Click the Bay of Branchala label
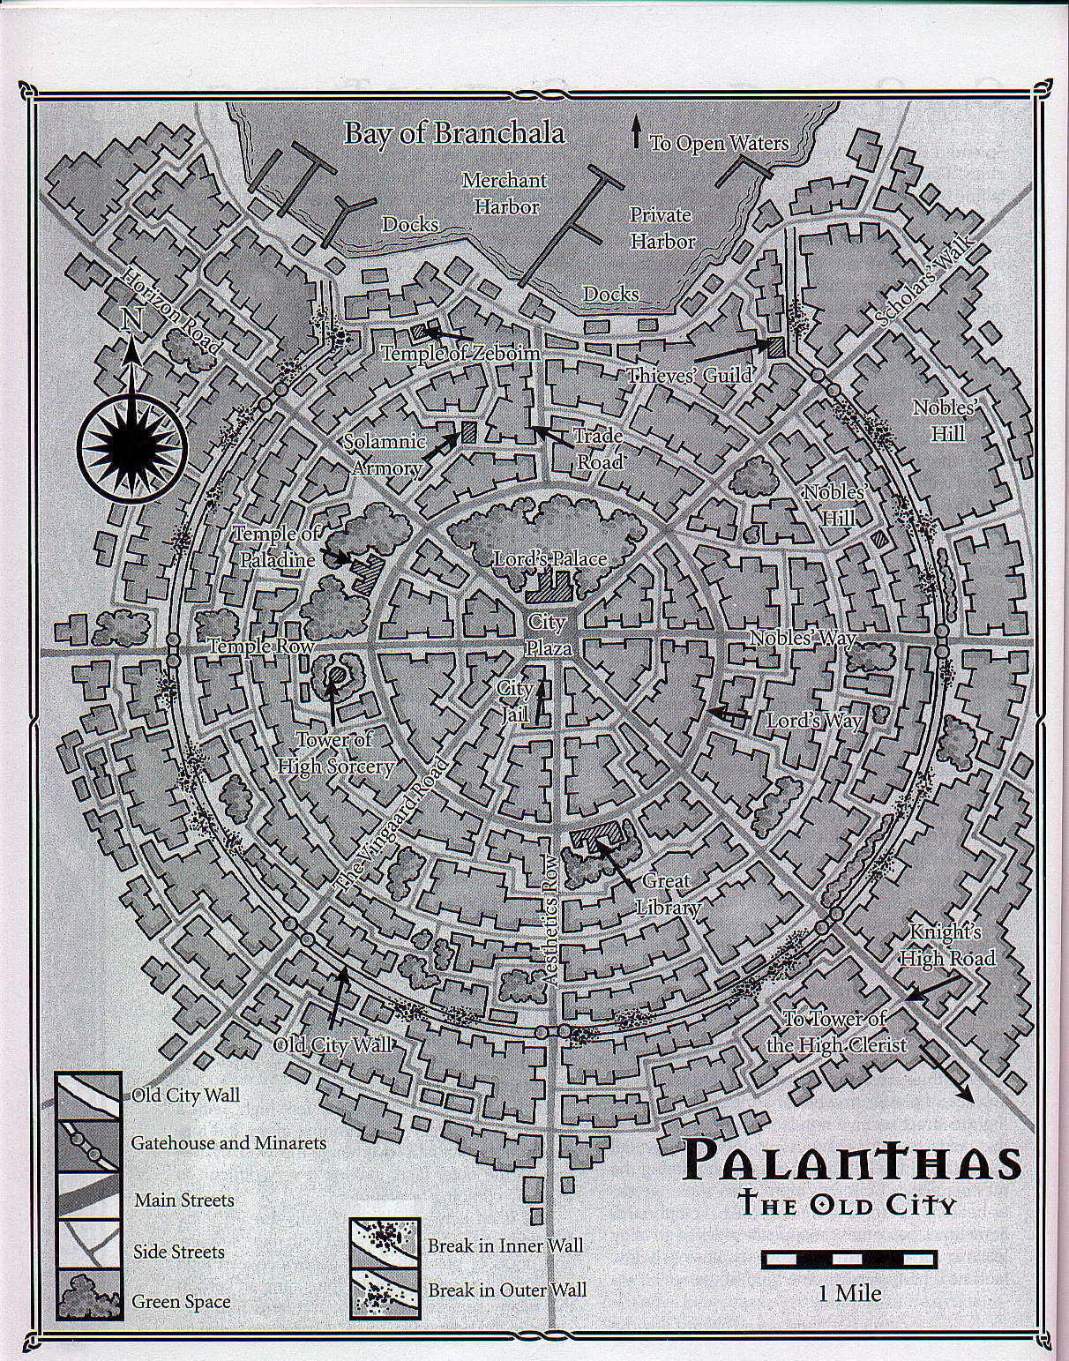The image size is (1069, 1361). point(453,133)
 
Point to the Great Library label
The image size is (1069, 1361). point(666,894)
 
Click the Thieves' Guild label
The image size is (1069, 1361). point(689,375)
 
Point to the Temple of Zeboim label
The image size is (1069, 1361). point(460,353)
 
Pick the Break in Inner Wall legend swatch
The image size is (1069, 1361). point(382,1245)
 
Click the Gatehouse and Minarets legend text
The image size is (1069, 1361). point(228,1143)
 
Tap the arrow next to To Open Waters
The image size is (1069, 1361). point(635,132)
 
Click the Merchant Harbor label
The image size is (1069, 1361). point(504,193)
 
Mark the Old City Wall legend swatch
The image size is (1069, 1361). point(88,1096)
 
